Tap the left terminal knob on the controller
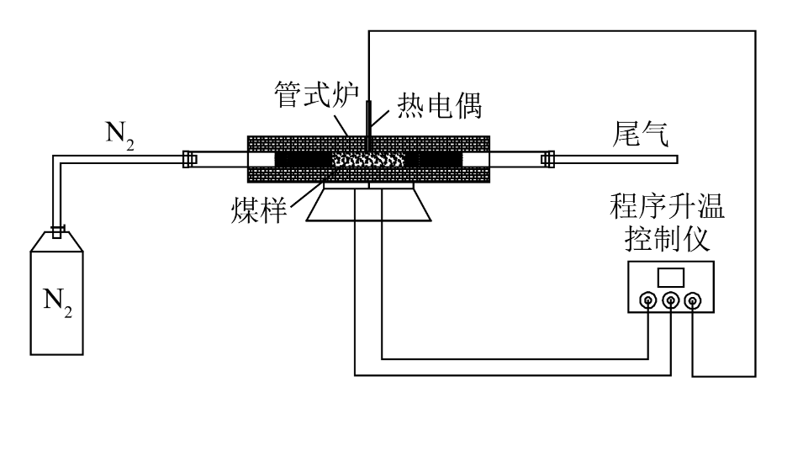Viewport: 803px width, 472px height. pos(648,300)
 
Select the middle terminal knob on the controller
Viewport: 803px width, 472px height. pos(670,300)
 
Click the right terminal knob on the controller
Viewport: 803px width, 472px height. pos(692,300)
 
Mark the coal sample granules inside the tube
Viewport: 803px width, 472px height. pos(369,158)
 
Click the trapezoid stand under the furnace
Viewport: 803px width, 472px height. pos(369,205)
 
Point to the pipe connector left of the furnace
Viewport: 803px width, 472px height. pos(189,158)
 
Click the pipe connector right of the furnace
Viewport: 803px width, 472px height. pos(548,158)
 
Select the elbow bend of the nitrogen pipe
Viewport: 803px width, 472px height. pos(57,160)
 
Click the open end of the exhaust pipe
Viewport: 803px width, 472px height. pos(676,158)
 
